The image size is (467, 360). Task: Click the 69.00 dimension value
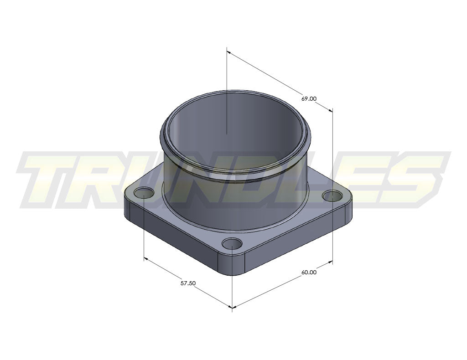[309, 98]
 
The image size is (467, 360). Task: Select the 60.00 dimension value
[309, 273]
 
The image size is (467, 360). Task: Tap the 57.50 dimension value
[188, 283]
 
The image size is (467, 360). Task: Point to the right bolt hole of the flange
[332, 196]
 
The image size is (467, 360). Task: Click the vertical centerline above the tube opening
[227, 91]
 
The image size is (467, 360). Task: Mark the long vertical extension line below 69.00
[332, 182]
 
